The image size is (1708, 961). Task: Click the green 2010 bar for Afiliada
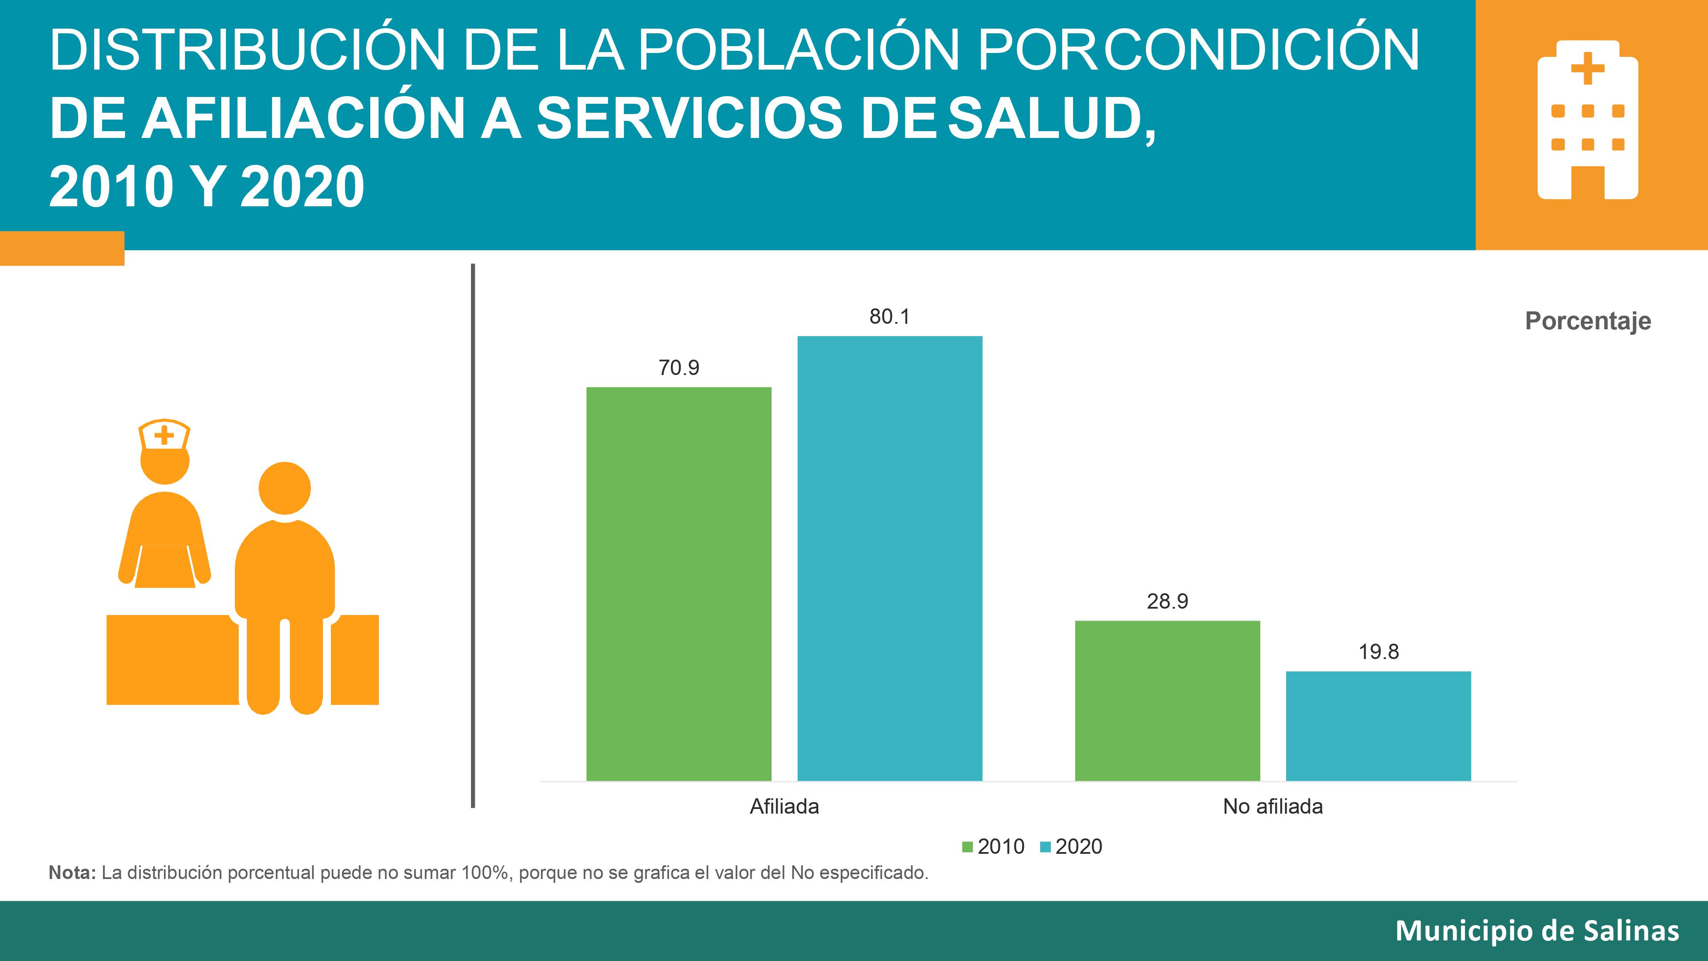click(x=679, y=583)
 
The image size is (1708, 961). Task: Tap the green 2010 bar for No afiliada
click(x=1167, y=700)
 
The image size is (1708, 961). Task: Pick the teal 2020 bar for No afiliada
click(x=1378, y=726)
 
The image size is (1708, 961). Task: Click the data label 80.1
click(x=889, y=317)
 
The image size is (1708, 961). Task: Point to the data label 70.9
click(x=679, y=367)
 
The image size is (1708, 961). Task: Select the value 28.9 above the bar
click(x=1167, y=601)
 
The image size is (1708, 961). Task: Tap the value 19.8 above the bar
click(x=1378, y=652)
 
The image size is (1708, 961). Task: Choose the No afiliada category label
click(x=1272, y=806)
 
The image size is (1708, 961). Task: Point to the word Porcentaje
click(x=1587, y=321)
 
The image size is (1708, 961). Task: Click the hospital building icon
click(x=1587, y=120)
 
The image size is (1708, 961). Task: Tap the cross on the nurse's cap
click(x=164, y=436)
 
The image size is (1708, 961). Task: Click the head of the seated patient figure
click(x=284, y=488)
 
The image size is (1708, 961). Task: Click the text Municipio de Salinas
click(x=1537, y=931)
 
